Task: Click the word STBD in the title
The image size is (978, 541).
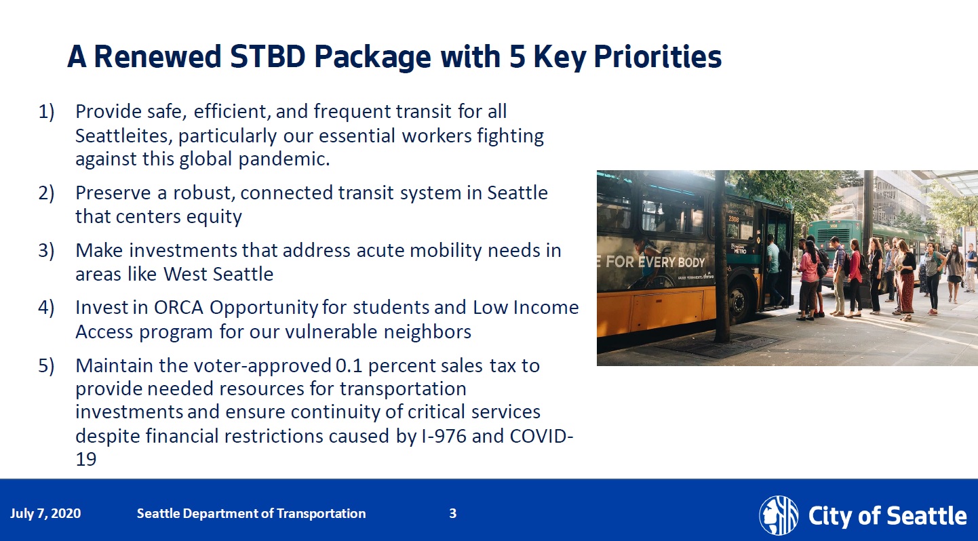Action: coord(267,57)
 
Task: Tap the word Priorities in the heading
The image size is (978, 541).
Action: coord(657,57)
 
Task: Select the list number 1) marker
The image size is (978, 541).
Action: coord(46,112)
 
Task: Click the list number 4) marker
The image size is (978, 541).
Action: coord(46,308)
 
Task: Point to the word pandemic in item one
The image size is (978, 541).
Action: coord(283,159)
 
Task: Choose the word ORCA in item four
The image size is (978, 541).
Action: coord(178,308)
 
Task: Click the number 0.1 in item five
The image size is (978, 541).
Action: coord(349,365)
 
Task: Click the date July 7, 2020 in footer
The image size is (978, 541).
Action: coord(45,513)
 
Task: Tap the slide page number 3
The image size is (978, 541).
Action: coord(453,513)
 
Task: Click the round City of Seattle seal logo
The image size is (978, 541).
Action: coord(779,515)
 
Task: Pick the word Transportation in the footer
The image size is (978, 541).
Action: coord(321,513)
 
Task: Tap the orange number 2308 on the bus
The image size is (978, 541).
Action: coord(734,220)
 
